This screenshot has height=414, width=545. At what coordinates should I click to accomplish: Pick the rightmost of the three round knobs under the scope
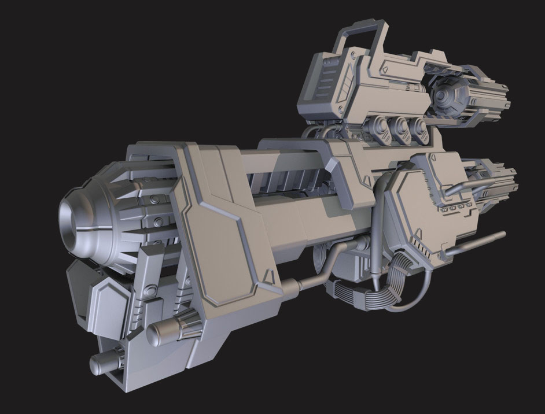pos(421,131)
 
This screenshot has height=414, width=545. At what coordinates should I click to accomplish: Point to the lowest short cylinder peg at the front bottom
pos(102,363)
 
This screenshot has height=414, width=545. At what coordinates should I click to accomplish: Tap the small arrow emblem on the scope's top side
pos(384,68)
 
